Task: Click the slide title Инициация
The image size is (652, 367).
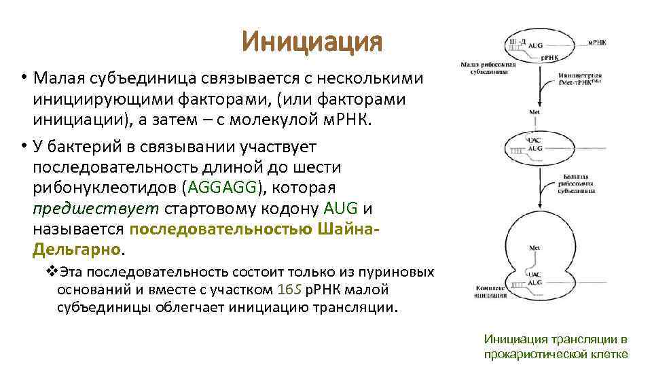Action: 312,43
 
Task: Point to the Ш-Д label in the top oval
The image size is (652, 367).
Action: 518,42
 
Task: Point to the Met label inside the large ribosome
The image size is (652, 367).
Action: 535,248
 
